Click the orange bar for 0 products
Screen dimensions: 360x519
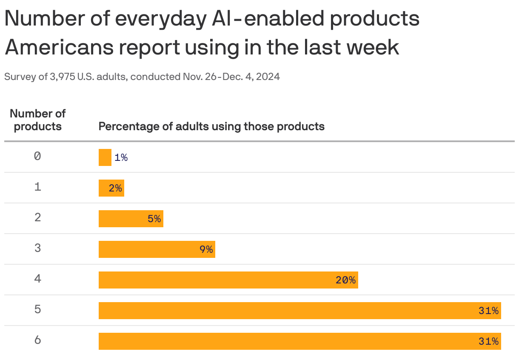(x=105, y=157)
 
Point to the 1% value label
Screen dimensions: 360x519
(x=121, y=157)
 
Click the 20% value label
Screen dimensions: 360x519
(x=345, y=280)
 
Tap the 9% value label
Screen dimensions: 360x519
(x=206, y=249)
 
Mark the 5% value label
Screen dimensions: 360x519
(x=154, y=219)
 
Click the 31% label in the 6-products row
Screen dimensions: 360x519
(x=488, y=341)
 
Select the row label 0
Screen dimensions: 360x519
(x=37, y=156)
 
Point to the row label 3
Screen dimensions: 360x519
(x=37, y=248)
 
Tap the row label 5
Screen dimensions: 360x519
(x=37, y=309)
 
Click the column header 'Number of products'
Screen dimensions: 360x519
(x=37, y=120)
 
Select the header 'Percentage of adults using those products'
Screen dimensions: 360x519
(x=211, y=126)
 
